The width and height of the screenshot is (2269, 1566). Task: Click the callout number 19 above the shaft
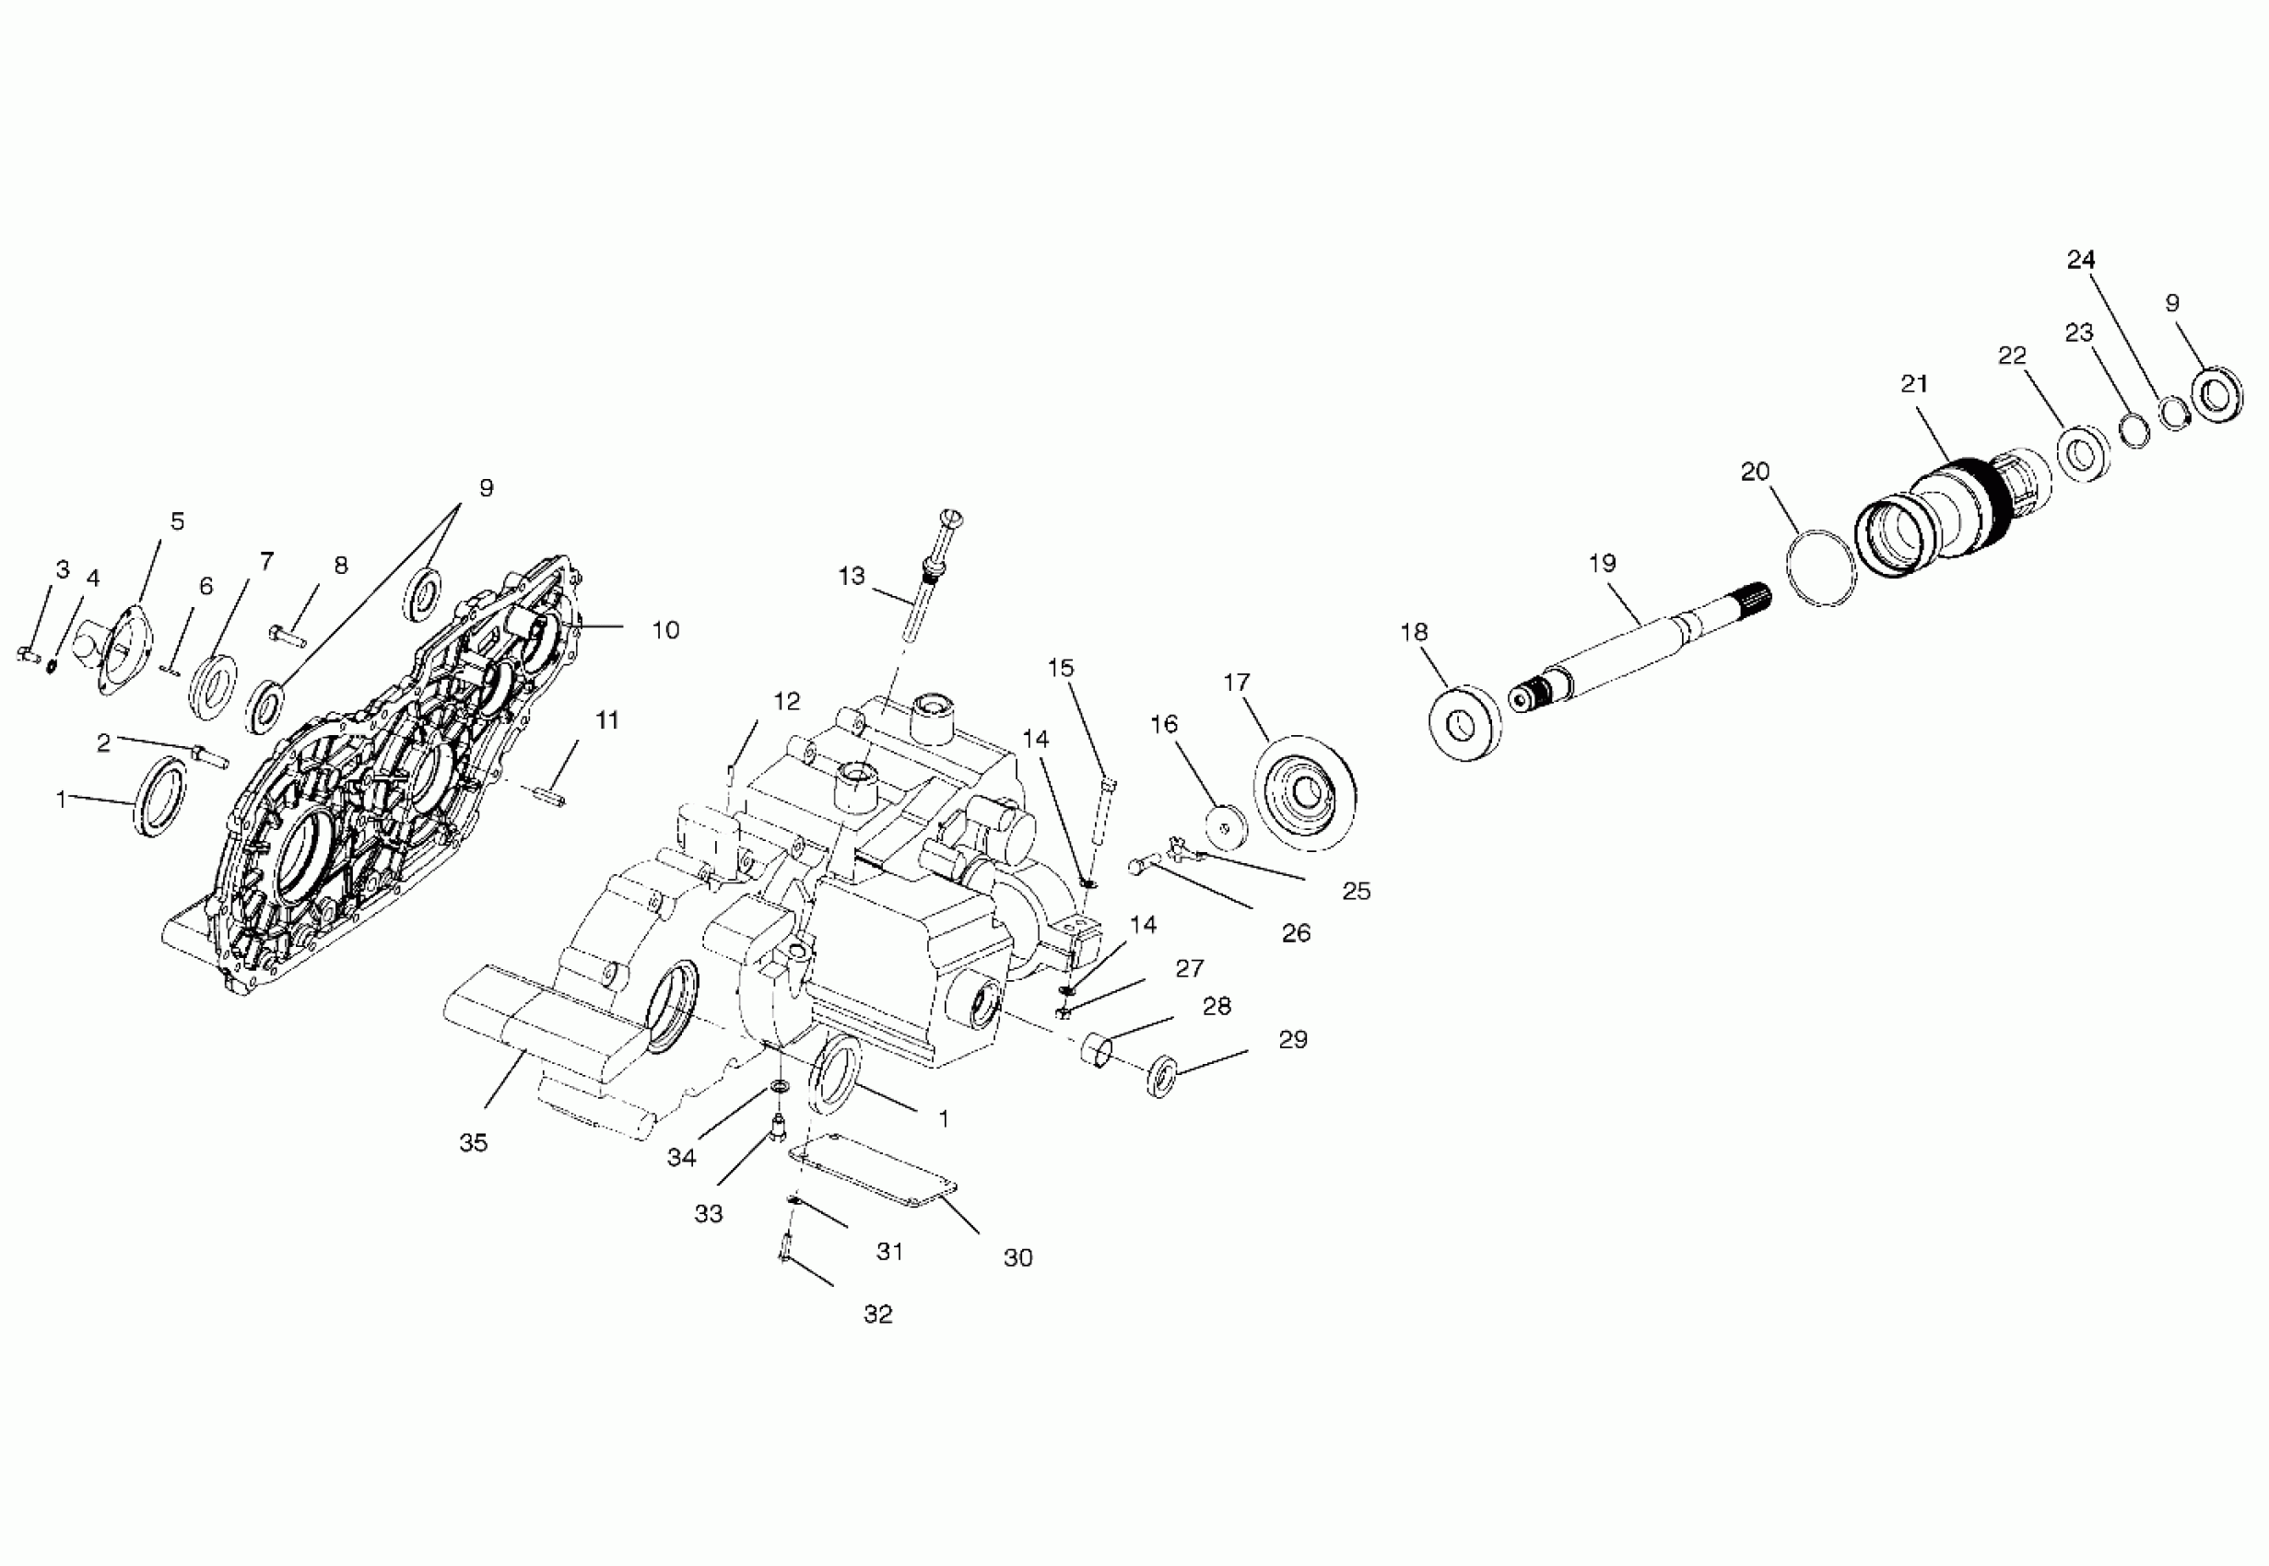(1602, 563)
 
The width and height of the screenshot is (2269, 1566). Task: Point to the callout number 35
(473, 1143)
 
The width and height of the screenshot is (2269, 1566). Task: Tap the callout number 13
(851, 575)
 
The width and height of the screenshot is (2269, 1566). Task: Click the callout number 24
(2081, 259)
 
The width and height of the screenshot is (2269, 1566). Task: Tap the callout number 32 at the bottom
(877, 1315)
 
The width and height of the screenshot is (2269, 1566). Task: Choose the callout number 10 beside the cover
(665, 630)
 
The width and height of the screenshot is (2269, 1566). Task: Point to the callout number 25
(1357, 891)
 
